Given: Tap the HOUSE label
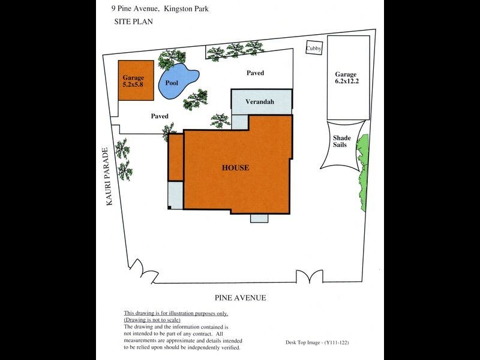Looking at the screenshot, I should click(235, 168).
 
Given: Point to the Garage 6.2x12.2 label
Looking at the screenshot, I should click(347, 79).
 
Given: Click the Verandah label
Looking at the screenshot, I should click(259, 102).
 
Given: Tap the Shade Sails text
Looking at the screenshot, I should click(342, 142).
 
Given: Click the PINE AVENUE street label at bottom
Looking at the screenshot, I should click(240, 298).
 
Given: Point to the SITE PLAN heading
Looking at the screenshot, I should click(134, 21).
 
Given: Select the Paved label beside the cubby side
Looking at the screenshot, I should click(255, 73).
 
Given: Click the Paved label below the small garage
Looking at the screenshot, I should click(159, 116).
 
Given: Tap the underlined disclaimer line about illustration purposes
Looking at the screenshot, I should click(175, 314).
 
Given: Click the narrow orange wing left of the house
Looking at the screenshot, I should click(175, 157).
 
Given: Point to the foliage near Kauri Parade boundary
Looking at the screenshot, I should click(123, 159).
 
